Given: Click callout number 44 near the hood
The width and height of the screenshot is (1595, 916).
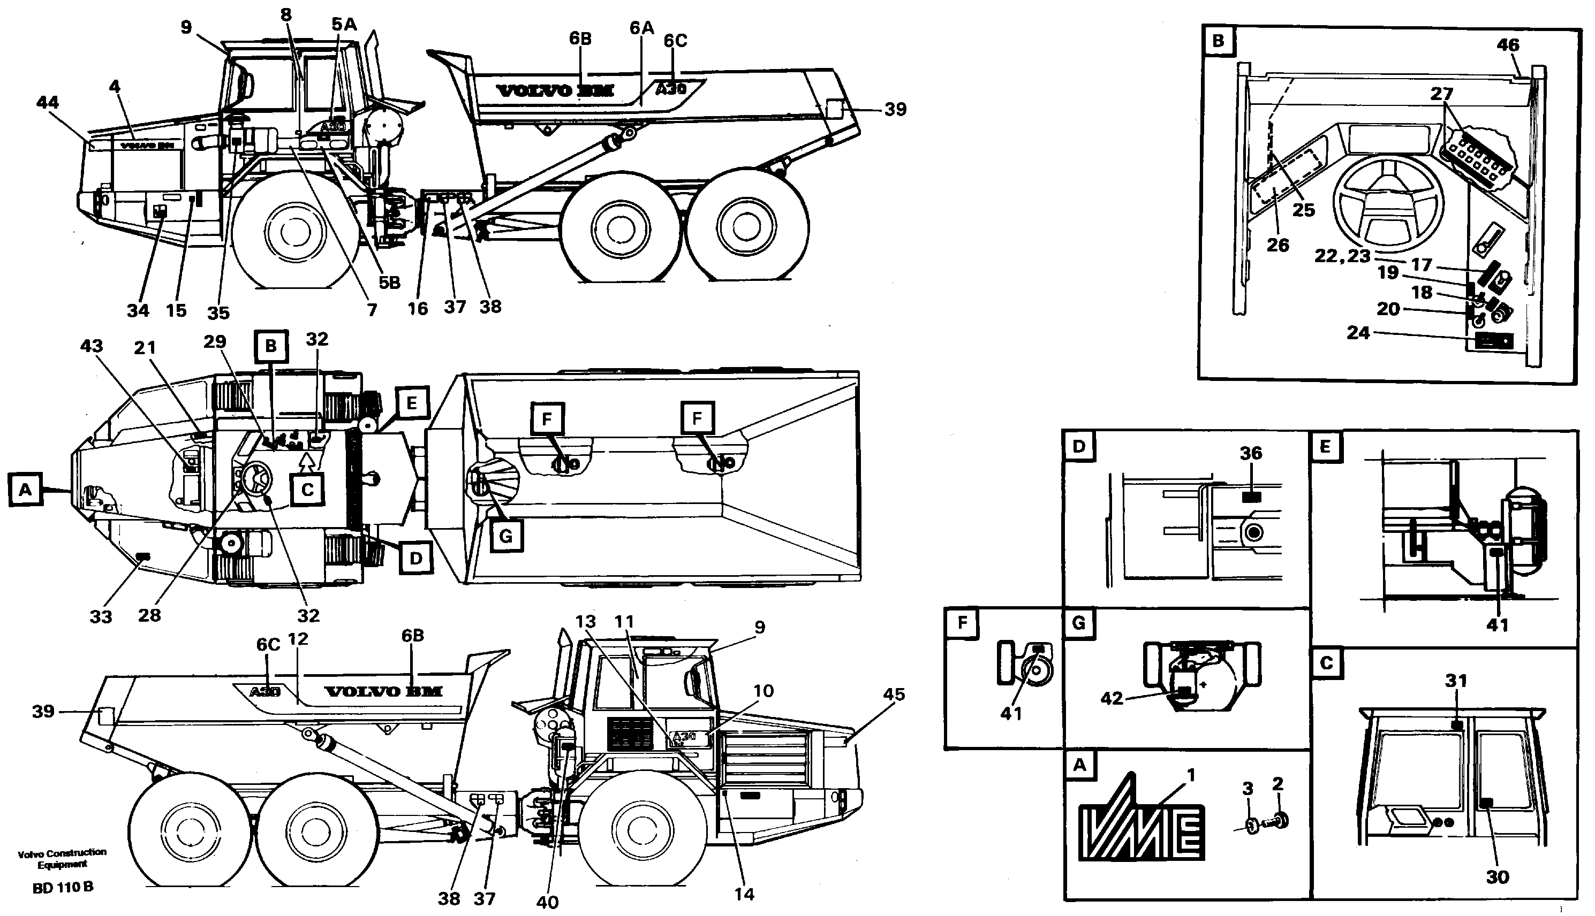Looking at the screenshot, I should [x=48, y=103].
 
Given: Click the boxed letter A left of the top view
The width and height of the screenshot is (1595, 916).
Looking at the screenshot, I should [x=25, y=489].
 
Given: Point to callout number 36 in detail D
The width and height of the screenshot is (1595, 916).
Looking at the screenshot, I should [x=1251, y=453].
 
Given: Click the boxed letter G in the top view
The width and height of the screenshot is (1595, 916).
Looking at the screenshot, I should [x=505, y=536].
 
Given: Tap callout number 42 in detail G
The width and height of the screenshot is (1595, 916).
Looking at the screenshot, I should [x=1112, y=698].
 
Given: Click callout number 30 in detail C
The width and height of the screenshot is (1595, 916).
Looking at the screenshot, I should [x=1497, y=876].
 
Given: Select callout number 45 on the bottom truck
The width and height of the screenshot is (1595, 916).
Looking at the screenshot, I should [x=894, y=694].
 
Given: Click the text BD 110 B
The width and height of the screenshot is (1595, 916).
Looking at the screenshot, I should [x=63, y=887].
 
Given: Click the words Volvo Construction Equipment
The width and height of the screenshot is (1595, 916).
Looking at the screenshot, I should [x=62, y=858].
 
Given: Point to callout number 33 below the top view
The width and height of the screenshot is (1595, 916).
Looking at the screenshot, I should [x=101, y=616].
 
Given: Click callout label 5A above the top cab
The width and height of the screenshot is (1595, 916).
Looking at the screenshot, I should [x=344, y=25].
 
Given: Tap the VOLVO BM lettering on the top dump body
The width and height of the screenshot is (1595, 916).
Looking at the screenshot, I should [x=555, y=91].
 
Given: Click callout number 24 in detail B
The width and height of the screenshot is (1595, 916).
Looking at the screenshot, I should [x=1358, y=333].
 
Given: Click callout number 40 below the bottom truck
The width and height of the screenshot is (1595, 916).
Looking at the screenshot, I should [x=547, y=902].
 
